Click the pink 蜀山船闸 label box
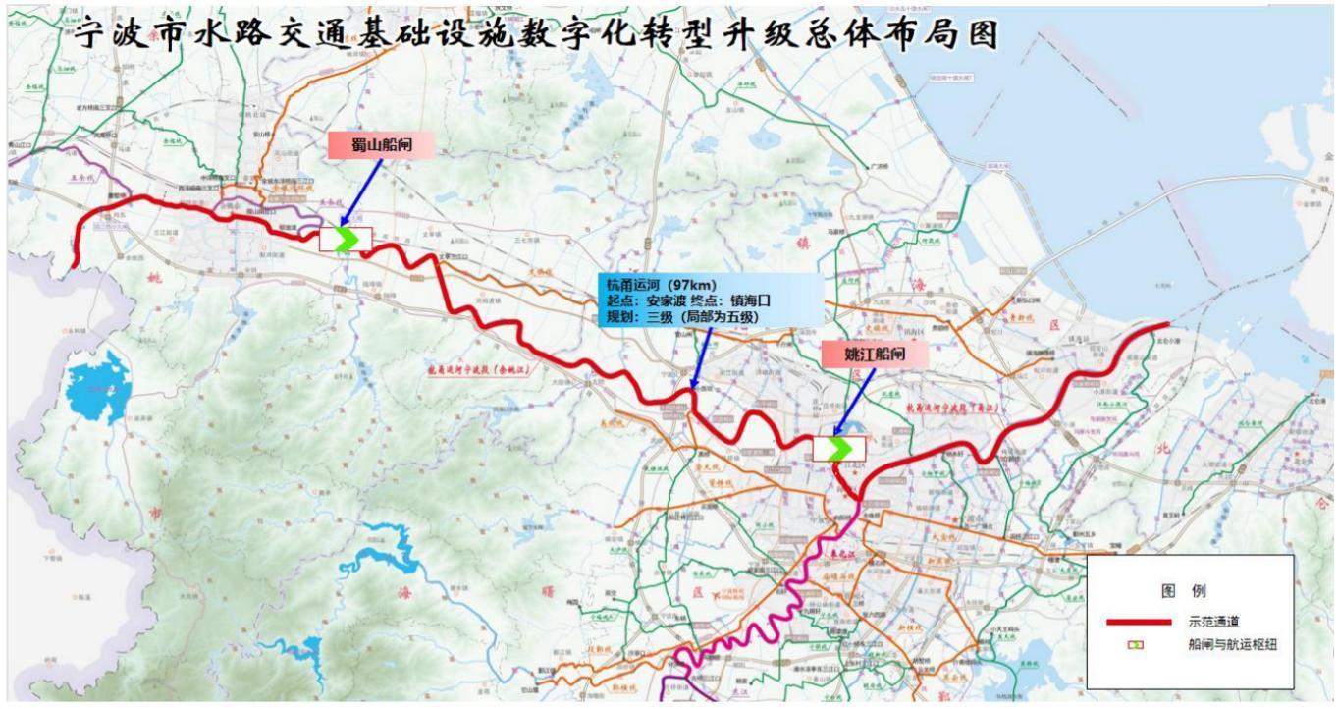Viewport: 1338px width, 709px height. (379, 145)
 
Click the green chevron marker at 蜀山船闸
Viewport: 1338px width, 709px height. (346, 239)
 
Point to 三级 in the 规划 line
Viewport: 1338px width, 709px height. (670, 319)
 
